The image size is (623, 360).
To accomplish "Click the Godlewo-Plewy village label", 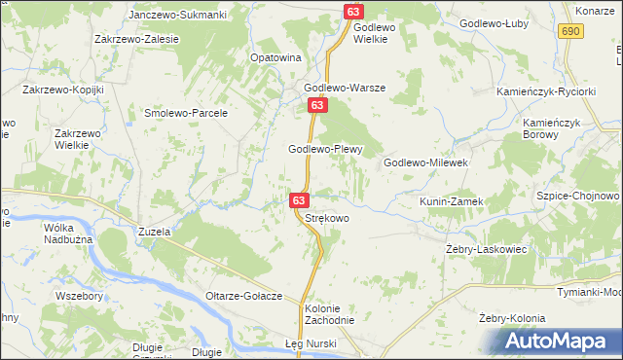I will (326, 149).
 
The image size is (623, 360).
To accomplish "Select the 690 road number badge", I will (571, 32).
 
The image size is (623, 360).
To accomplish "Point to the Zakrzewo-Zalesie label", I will (136, 39).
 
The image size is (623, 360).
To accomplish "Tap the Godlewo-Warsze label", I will (343, 88).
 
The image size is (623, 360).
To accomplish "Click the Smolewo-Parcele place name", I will (186, 113).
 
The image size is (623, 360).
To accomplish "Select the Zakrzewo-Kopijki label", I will (62, 89).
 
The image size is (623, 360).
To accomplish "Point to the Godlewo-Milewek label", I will (427, 162).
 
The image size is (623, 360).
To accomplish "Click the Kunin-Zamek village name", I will (451, 200).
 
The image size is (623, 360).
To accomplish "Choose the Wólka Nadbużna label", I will (66, 234).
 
